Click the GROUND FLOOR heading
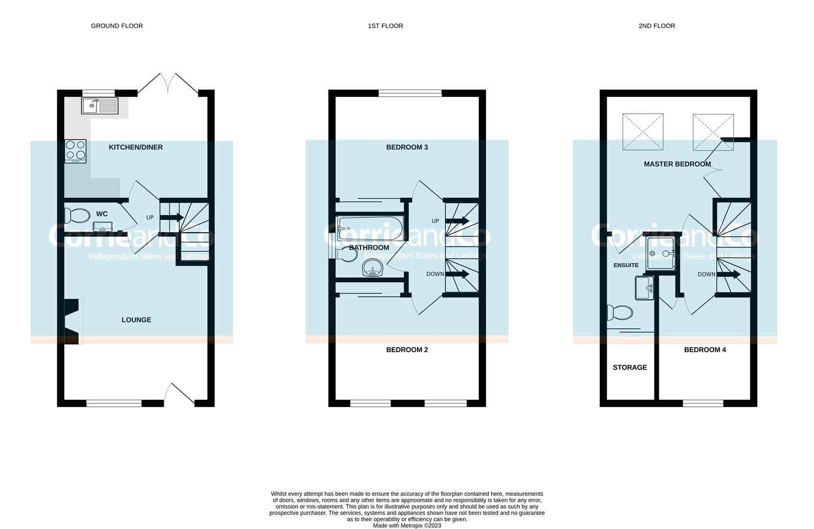click(116, 26)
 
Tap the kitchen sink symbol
click(100, 105)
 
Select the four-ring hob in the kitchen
click(75, 151)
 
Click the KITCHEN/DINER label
click(136, 147)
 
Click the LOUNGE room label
click(136, 320)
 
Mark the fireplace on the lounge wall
click(71, 321)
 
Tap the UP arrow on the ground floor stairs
click(171, 217)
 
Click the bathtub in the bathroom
click(370, 228)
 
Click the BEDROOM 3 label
click(407, 147)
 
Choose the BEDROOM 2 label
click(407, 350)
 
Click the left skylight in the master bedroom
click(643, 132)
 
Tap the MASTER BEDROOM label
click(677, 164)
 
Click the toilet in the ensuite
click(619, 313)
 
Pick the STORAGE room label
click(629, 367)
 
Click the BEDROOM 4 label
click(705, 350)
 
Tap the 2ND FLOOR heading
click(656, 26)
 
